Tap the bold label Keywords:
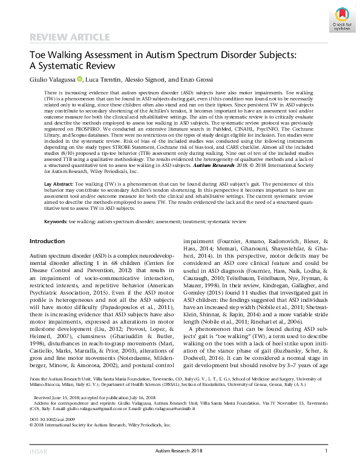click(55, 221)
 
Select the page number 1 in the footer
click(326, 468)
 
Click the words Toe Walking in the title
click(53, 54)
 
